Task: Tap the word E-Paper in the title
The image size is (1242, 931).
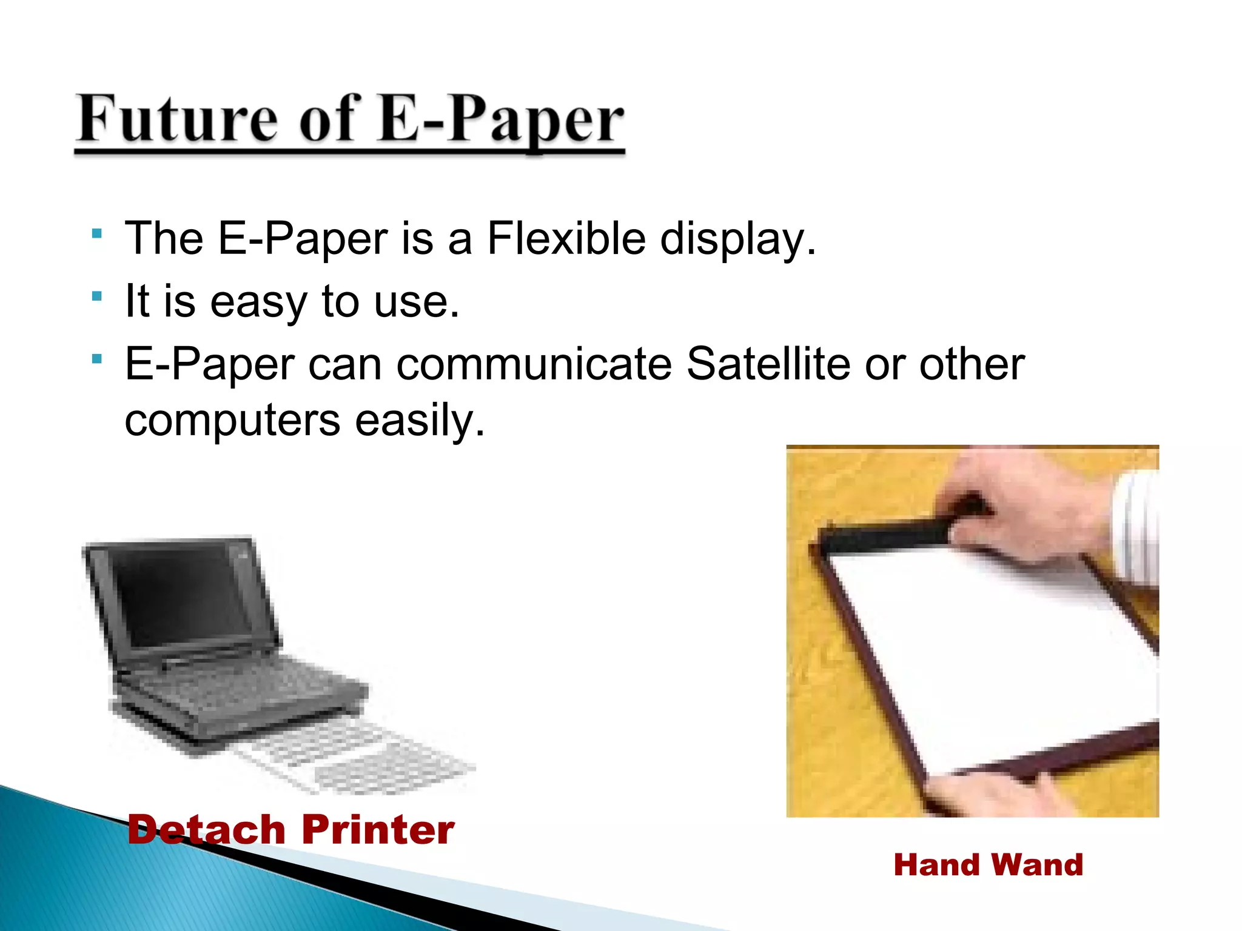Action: click(501, 119)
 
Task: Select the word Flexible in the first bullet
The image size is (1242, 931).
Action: click(566, 238)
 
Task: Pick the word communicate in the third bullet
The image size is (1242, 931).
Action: click(534, 364)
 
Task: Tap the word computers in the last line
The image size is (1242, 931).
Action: click(232, 420)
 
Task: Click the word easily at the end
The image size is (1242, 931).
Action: click(420, 420)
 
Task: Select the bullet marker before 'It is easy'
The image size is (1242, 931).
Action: click(96, 296)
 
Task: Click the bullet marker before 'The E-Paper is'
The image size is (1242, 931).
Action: click(96, 233)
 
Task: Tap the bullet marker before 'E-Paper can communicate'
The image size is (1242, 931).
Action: click(96, 359)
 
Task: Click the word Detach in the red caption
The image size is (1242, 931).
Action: click(206, 829)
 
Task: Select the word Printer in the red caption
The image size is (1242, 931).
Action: click(378, 829)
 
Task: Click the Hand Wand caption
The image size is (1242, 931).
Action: click(988, 864)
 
